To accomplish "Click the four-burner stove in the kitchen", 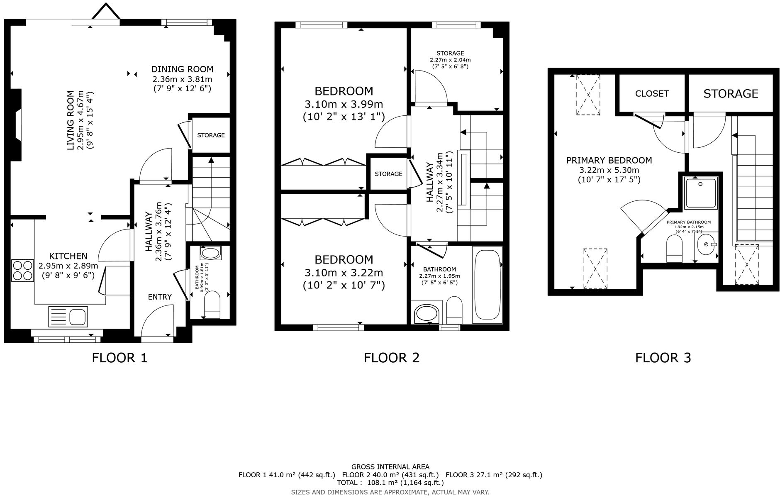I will pos(22,270).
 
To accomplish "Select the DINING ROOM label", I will pos(182,69).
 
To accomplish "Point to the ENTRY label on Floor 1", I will pos(160,297).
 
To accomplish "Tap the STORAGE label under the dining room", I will pos(211,135).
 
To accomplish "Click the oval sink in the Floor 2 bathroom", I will pos(426,314).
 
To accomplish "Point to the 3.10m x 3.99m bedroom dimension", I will pos(344,104).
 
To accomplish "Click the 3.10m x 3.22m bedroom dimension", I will pos(344,273).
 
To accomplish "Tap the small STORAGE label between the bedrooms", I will pos(388,174).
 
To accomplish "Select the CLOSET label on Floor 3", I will pos(652,94).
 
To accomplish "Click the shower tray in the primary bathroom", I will pos(701,193).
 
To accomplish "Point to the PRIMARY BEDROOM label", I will pos(609,160).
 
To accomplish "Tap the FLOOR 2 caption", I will pos(391,357).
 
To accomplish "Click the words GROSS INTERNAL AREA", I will pos(390,467).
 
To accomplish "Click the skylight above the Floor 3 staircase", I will pos(746,264).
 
